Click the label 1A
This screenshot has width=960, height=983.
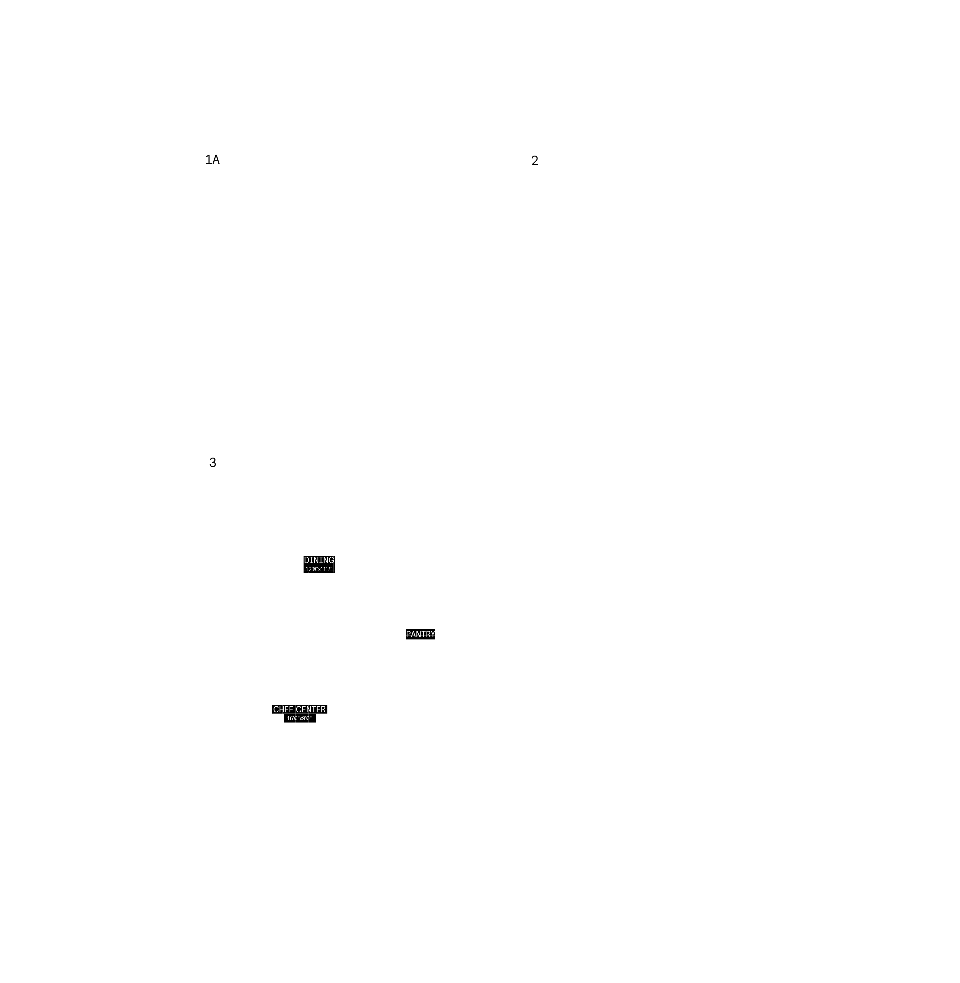212,160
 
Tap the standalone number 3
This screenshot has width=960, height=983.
213,463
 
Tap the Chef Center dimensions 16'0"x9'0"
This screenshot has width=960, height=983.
300,718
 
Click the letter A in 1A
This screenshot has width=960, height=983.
216,160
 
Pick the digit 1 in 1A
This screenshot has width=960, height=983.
208,160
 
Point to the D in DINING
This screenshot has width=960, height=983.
306,560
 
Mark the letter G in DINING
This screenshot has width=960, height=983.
331,560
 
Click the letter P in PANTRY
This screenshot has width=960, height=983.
409,634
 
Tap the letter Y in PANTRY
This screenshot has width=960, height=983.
432,634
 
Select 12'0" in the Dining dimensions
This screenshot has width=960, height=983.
311,569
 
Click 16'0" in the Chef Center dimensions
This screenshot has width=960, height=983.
293,718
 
